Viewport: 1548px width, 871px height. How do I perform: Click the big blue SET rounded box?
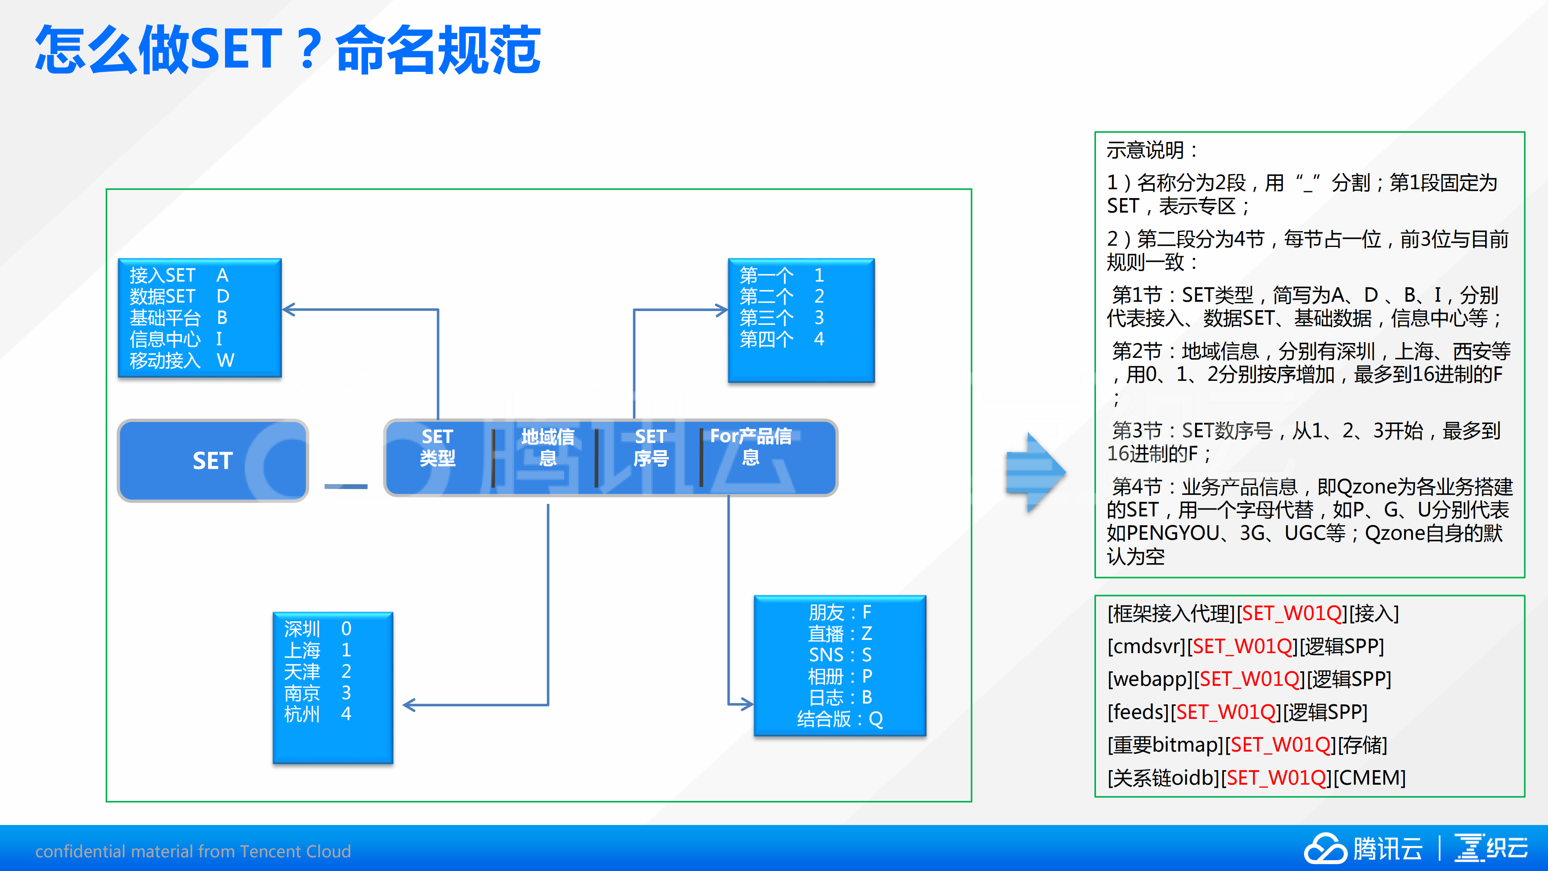point(213,460)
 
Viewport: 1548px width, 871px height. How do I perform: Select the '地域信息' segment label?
point(548,447)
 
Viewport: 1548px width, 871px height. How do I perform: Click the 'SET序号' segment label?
point(651,447)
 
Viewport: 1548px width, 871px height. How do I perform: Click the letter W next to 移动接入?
point(225,360)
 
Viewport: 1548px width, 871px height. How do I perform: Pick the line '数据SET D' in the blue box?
point(179,297)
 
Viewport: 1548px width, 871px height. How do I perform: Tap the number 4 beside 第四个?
point(819,339)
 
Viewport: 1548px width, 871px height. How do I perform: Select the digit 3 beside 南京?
point(346,692)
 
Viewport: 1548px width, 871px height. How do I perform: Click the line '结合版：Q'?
point(840,719)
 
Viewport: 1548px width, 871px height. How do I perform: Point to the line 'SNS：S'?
point(840,655)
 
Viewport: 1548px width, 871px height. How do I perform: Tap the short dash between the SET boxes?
point(346,486)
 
